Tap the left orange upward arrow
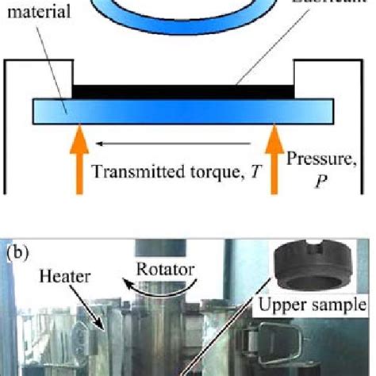(x=79, y=163)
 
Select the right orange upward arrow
(x=274, y=163)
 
